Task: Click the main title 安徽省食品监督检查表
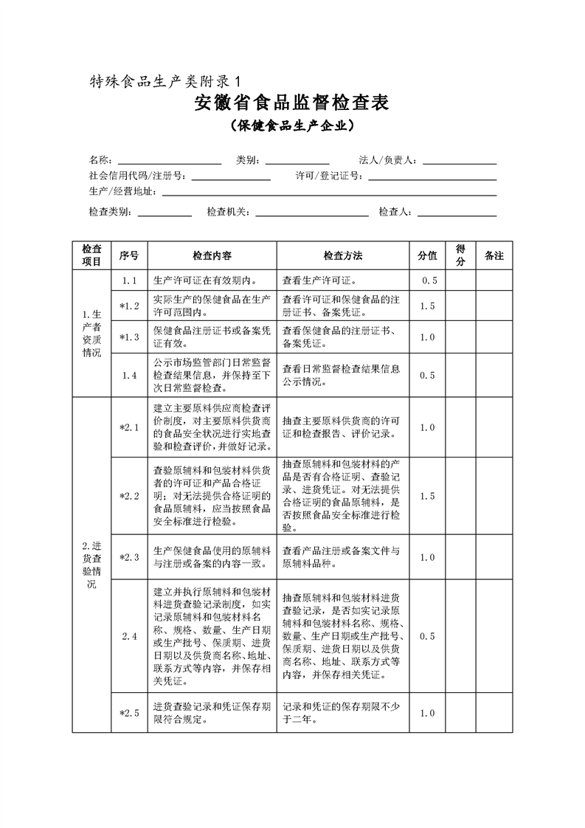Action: [291, 103]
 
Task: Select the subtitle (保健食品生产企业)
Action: [291, 126]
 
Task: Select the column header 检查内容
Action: [212, 255]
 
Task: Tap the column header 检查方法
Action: [342, 255]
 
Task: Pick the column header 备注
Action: [494, 255]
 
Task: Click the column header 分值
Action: [427, 255]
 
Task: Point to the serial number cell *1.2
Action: [129, 306]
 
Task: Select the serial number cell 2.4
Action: [129, 636]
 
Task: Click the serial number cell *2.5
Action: [129, 713]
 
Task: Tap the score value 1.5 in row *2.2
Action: [427, 496]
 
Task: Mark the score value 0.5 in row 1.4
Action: [427, 375]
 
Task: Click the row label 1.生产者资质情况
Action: [91, 333]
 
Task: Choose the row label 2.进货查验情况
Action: [91, 565]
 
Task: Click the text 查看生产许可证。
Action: [319, 280]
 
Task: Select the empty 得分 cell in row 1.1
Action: [460, 280]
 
